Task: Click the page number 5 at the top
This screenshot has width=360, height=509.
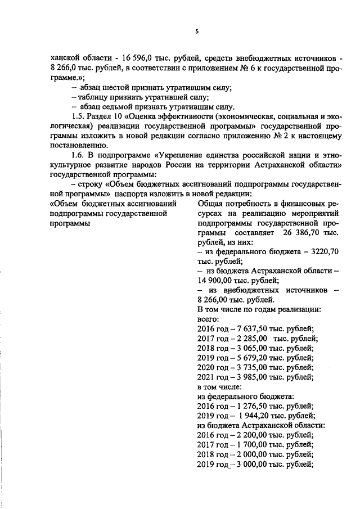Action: tap(196, 31)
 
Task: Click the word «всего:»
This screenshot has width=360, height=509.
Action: tap(207, 319)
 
